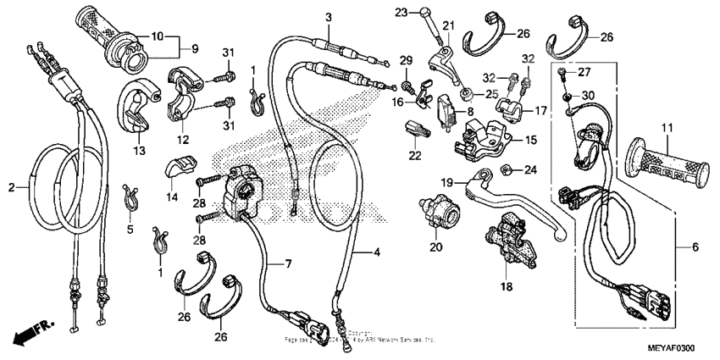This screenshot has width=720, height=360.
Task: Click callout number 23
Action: [x=402, y=12]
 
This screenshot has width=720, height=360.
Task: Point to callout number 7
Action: [x=288, y=266]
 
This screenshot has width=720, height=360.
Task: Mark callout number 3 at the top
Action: [x=329, y=18]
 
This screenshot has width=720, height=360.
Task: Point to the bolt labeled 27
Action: [x=562, y=74]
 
